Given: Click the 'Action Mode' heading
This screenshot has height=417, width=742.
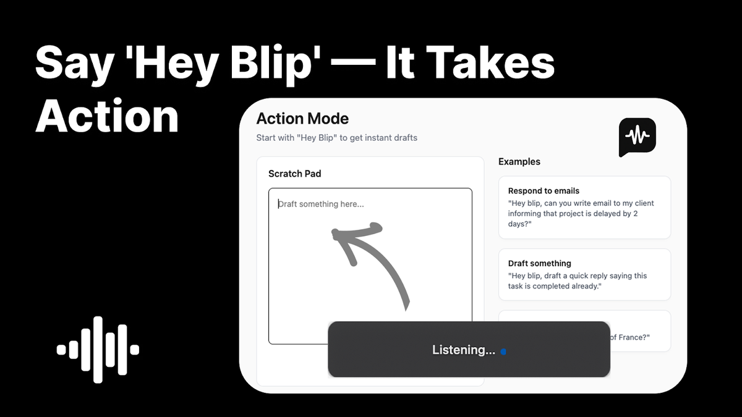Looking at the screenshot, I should pyautogui.click(x=302, y=119).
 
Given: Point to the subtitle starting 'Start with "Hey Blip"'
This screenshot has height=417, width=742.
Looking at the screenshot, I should pyautogui.click(x=336, y=138).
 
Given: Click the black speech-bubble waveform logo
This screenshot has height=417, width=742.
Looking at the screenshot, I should pyautogui.click(x=637, y=137).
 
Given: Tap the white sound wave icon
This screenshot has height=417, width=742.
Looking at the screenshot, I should pyautogui.click(x=98, y=350).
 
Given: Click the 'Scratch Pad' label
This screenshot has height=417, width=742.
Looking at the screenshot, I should pyautogui.click(x=294, y=174).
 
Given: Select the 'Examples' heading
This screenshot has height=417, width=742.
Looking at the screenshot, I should pyautogui.click(x=519, y=162).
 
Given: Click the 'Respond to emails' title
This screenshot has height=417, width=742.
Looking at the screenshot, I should pyautogui.click(x=544, y=191).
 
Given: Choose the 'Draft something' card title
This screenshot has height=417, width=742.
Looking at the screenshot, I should pyautogui.click(x=539, y=263).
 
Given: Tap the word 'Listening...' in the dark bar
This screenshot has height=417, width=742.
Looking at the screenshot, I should pyautogui.click(x=463, y=350).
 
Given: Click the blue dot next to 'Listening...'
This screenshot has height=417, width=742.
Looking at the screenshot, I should pyautogui.click(x=503, y=352).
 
